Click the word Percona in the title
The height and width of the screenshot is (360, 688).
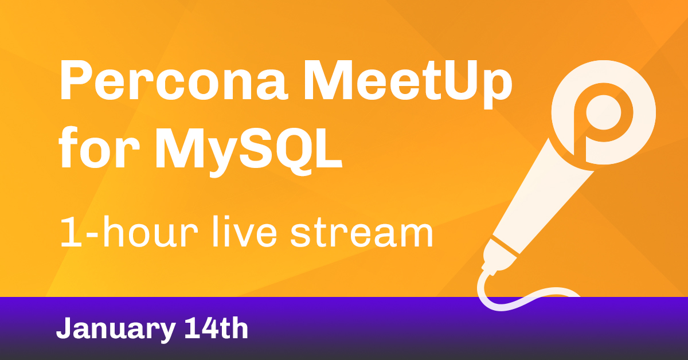(174, 80)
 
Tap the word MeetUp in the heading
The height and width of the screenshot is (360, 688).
(408, 84)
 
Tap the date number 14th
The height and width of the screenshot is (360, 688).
(216, 328)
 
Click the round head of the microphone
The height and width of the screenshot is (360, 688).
(603, 112)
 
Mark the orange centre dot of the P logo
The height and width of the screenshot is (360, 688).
(604, 112)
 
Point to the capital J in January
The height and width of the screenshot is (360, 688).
(65, 328)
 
